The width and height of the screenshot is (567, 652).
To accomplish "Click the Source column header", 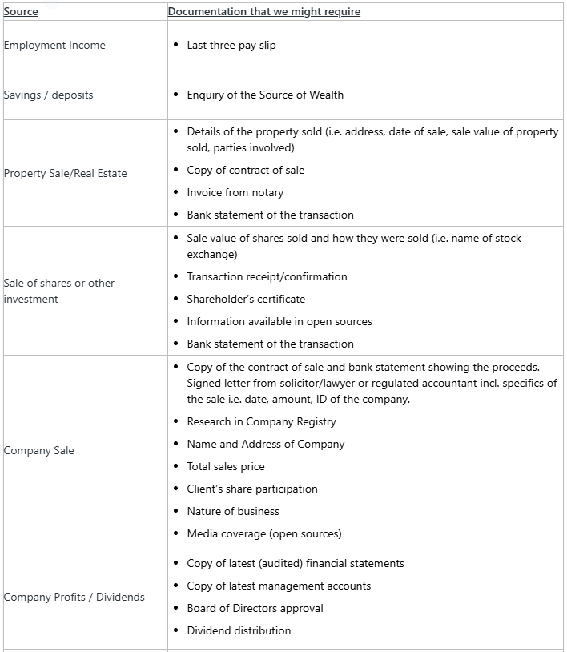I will (21, 12).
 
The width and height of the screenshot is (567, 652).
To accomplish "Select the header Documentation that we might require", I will (263, 12).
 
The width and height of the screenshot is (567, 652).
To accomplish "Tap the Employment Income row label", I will (54, 46).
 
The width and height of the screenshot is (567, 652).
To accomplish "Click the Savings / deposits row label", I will (48, 95).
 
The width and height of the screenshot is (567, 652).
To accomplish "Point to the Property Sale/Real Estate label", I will (65, 174).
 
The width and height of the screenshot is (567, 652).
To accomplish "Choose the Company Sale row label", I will (38, 451).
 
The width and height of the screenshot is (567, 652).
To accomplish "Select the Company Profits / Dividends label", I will (74, 598).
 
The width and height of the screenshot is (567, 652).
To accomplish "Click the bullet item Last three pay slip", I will (231, 46).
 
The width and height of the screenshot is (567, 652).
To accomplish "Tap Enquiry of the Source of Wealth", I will (265, 95).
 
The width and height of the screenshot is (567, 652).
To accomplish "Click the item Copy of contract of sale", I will (245, 171).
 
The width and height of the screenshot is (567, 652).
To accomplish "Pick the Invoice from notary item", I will (235, 193).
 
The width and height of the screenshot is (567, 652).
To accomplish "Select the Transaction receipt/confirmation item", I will (267, 277).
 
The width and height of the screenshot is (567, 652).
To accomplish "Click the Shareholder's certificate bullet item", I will (246, 300).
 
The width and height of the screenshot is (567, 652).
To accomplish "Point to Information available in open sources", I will (279, 322).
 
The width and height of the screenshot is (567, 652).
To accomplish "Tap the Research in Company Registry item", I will (261, 422).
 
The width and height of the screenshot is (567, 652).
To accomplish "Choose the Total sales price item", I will (225, 467).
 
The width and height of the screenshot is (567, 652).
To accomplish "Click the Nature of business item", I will (233, 512).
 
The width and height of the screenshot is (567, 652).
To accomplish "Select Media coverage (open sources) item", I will (263, 534).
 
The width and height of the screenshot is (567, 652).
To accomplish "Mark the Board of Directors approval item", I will (255, 609).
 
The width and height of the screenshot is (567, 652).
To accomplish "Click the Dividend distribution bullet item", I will (239, 631).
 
